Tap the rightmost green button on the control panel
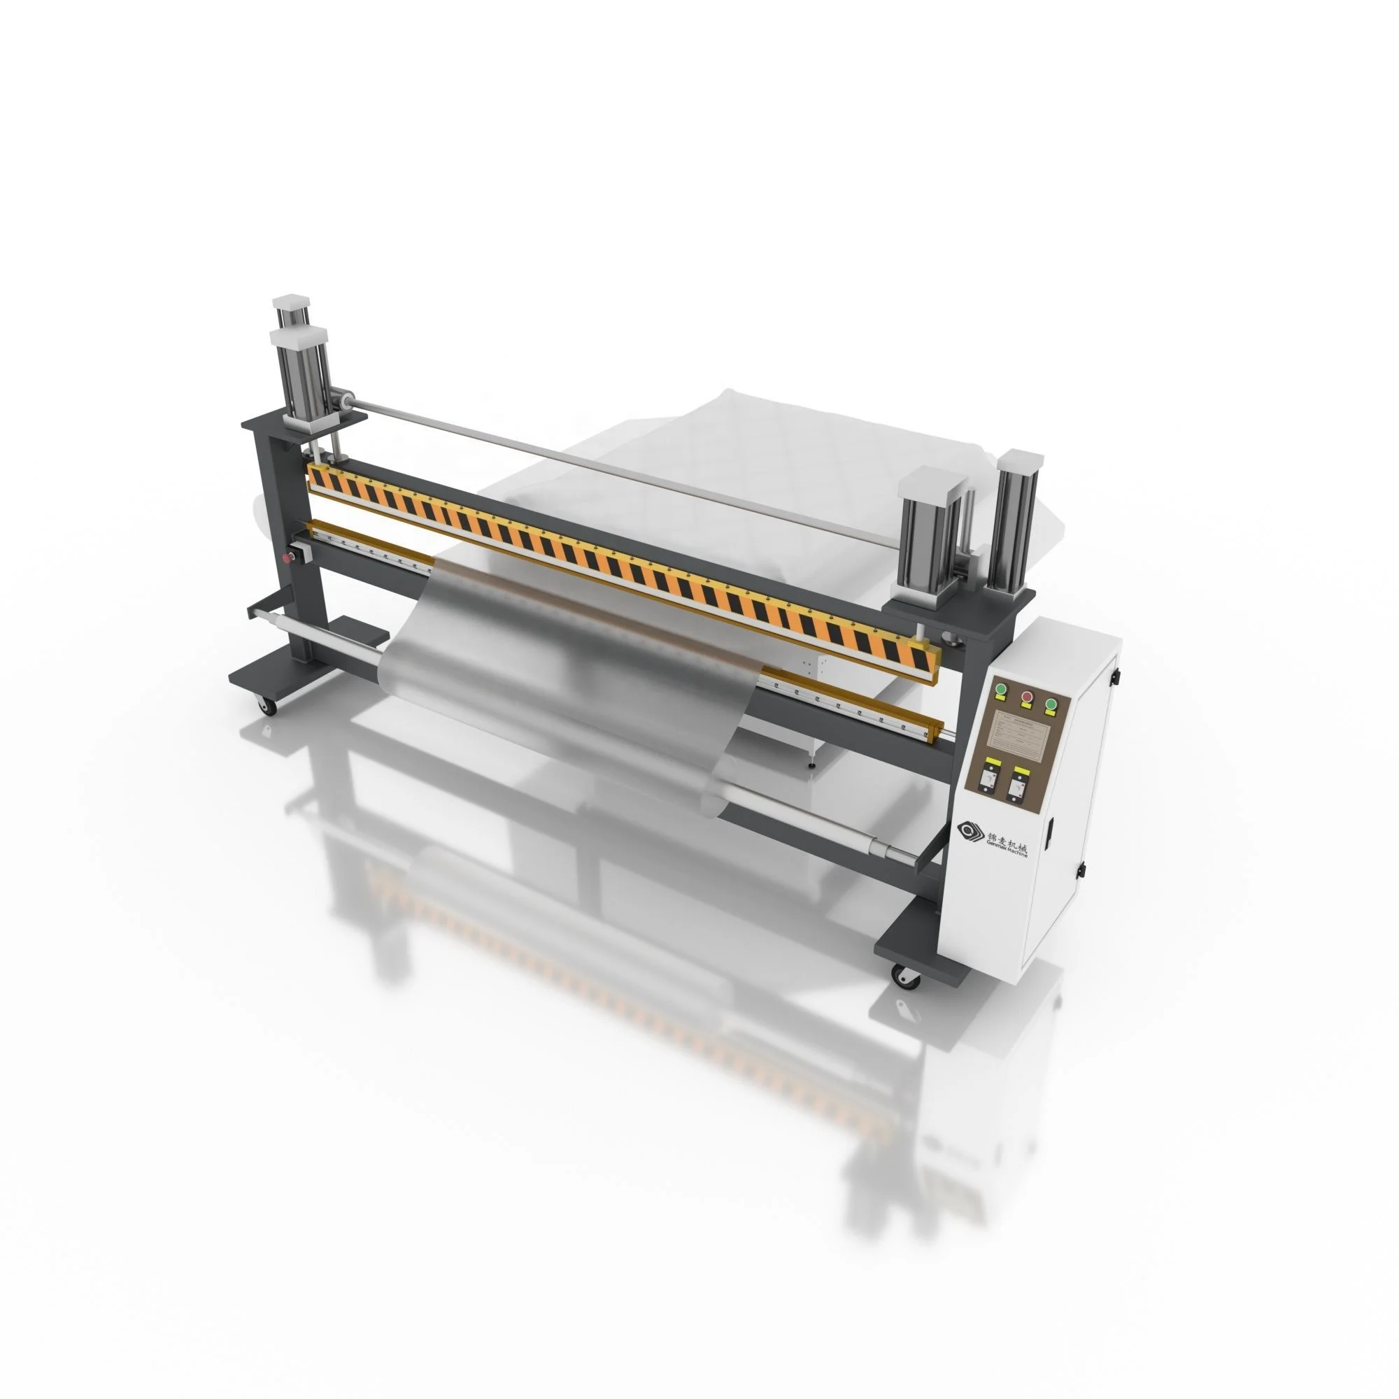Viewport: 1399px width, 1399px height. coord(1050,703)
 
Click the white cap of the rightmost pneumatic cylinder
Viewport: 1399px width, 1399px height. coord(1021,459)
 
